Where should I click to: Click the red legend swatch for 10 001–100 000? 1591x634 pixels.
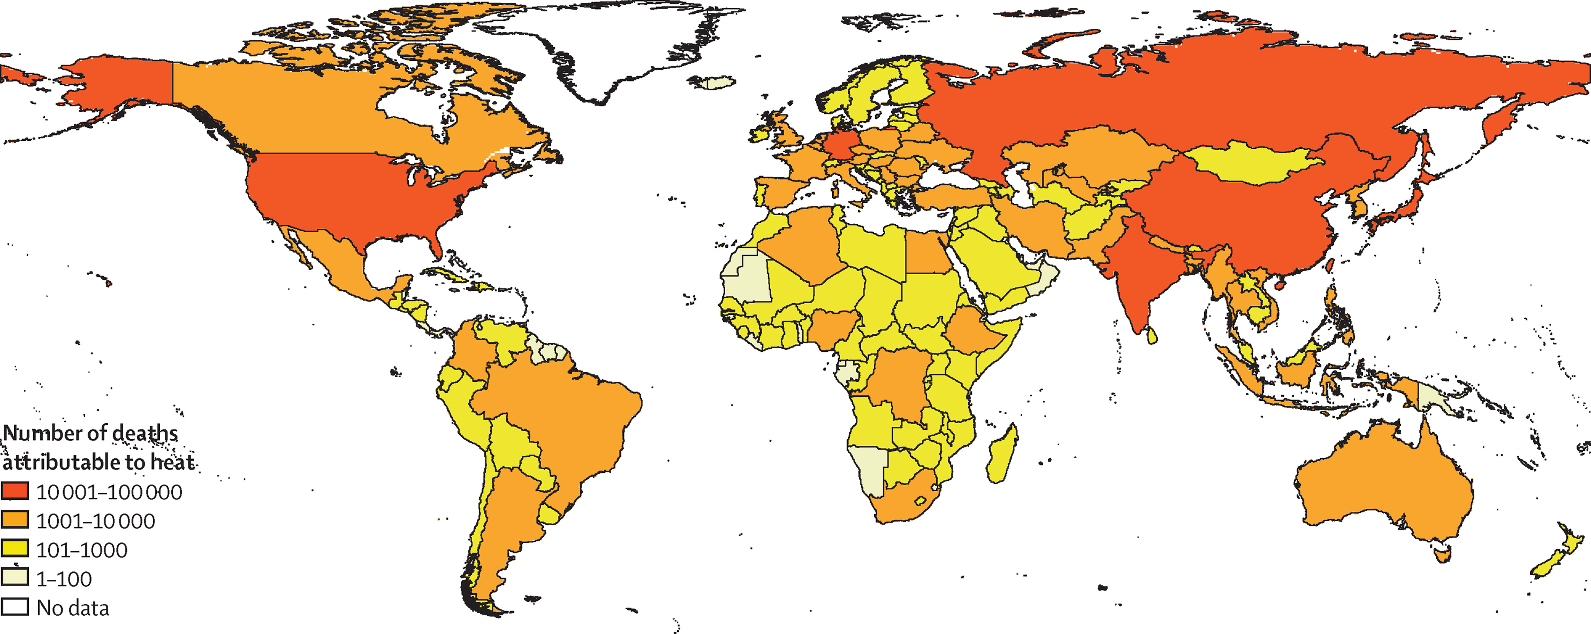point(15,491)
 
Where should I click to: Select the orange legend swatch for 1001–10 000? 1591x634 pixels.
point(15,520)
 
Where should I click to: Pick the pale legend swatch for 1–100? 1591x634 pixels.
point(15,577)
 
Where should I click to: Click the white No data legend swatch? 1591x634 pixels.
point(15,606)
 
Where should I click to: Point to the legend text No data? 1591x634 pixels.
point(72,608)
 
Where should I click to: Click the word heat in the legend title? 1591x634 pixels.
point(172,462)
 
